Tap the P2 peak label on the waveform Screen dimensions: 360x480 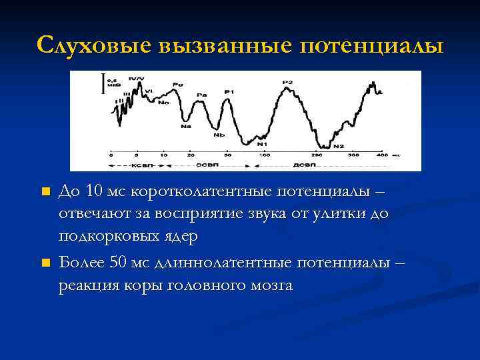click(x=287, y=82)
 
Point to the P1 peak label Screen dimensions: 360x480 click(x=229, y=91)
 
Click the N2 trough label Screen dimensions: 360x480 click(x=339, y=146)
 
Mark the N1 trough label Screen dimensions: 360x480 click(x=263, y=144)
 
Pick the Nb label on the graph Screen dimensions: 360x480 click(x=219, y=135)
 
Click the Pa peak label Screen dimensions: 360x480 click(x=201, y=95)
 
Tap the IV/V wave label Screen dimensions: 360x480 click(x=136, y=80)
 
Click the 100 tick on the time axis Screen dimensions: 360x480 click(x=265, y=154)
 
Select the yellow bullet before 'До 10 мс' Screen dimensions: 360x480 click(x=45, y=192)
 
